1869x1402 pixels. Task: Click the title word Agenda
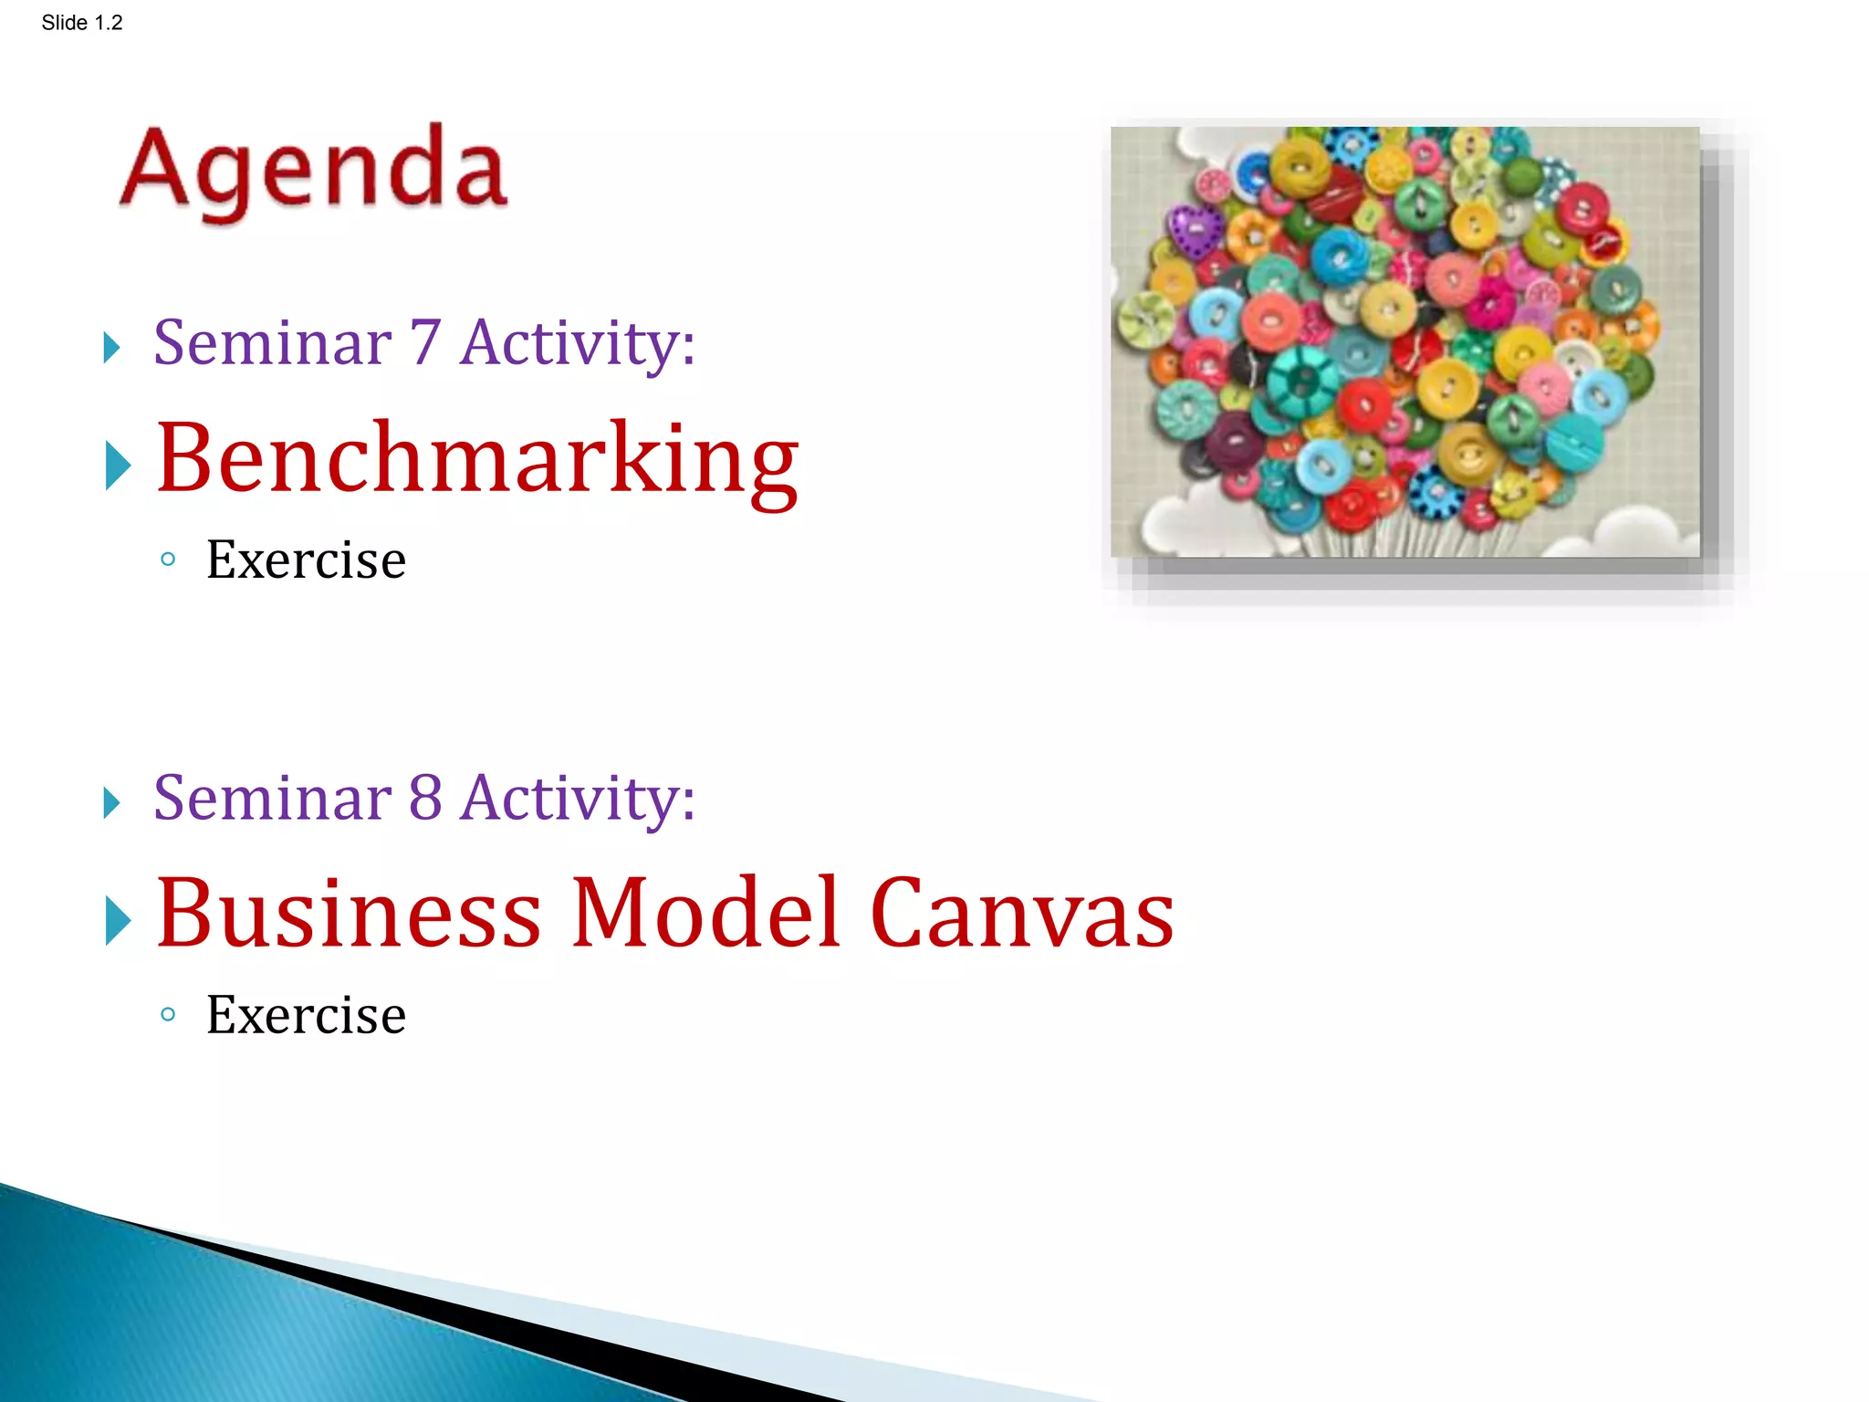pos(313,170)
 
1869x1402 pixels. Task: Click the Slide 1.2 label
pos(81,23)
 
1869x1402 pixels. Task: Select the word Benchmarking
pos(476,461)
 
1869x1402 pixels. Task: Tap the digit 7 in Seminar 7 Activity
pos(425,342)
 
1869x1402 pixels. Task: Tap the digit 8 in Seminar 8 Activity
pos(425,798)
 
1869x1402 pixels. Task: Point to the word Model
pos(704,915)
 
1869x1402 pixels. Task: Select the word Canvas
pos(1021,915)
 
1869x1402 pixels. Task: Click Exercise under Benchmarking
pos(306,560)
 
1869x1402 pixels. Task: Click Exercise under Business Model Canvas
pos(306,1015)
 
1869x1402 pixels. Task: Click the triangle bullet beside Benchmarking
pos(118,466)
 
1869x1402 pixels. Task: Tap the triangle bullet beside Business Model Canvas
pos(118,920)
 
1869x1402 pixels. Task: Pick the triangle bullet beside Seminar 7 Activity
pos(111,348)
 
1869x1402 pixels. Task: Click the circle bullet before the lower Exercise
pos(167,1014)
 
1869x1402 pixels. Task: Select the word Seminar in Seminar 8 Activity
pos(272,798)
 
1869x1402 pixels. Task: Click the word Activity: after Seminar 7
pos(578,342)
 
